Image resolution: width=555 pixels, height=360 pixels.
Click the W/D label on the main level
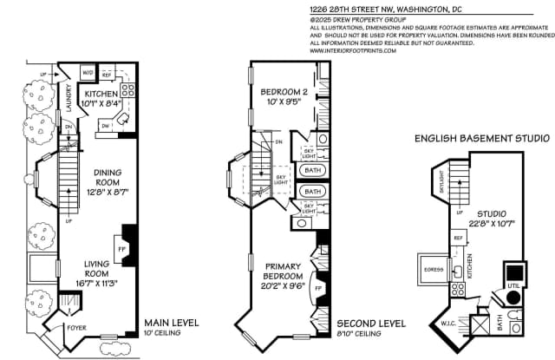click(x=88, y=72)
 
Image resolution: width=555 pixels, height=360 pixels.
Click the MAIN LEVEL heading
click(x=171, y=323)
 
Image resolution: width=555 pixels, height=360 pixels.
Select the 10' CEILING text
click(x=164, y=333)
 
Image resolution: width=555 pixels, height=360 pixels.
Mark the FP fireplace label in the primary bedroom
click(x=317, y=286)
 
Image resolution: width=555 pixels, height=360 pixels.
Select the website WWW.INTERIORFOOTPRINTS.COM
click(x=353, y=50)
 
